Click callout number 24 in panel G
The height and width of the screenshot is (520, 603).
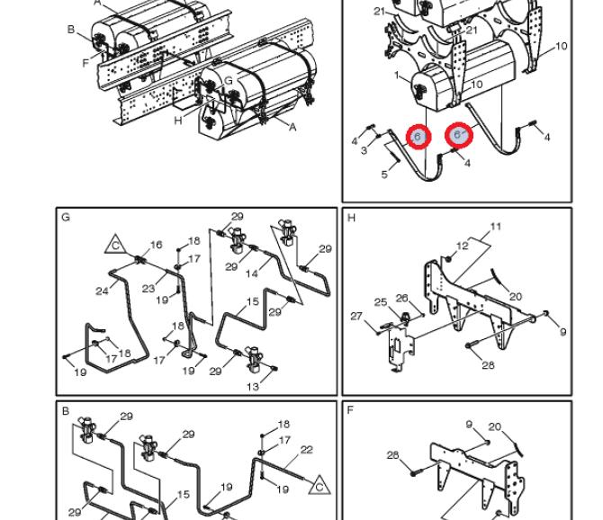[102, 291]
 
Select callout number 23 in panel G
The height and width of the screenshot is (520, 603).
[148, 288]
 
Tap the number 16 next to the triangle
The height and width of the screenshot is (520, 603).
[156, 245]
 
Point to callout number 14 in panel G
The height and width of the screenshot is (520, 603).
[252, 273]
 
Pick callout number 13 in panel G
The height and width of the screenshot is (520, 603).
[253, 387]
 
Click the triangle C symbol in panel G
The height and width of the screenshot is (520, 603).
[115, 246]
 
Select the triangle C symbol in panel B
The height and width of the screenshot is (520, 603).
[319, 486]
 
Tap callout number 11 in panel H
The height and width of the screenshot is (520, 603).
[496, 227]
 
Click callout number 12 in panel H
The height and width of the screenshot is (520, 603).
[463, 246]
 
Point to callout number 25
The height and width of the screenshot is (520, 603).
[381, 302]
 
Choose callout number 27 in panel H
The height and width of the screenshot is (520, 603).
[356, 316]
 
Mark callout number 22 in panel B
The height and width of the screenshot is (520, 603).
[307, 450]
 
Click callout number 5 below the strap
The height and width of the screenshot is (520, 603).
[384, 175]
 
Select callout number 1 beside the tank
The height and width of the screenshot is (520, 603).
[397, 75]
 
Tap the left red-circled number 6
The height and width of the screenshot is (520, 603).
[418, 136]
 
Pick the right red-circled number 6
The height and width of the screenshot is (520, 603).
[457, 135]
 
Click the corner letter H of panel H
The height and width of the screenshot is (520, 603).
[351, 218]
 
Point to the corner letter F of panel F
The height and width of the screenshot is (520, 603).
[350, 410]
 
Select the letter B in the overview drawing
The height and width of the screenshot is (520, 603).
[71, 30]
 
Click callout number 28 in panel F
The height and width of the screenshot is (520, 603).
[392, 455]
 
